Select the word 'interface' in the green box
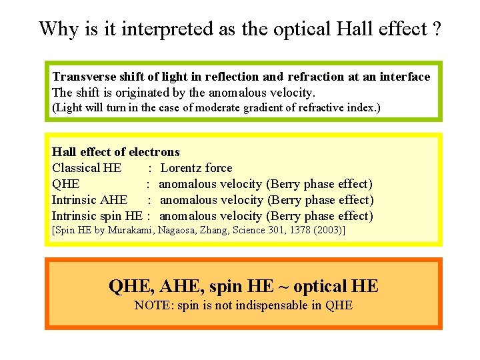tap(405, 77)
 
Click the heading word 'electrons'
tap(153, 152)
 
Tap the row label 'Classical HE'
tap(87, 168)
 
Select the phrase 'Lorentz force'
tap(197, 168)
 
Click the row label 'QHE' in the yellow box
tap(66, 184)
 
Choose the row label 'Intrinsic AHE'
tap(90, 200)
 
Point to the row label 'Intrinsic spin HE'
tap(97, 216)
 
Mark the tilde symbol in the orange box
tap(284, 287)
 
